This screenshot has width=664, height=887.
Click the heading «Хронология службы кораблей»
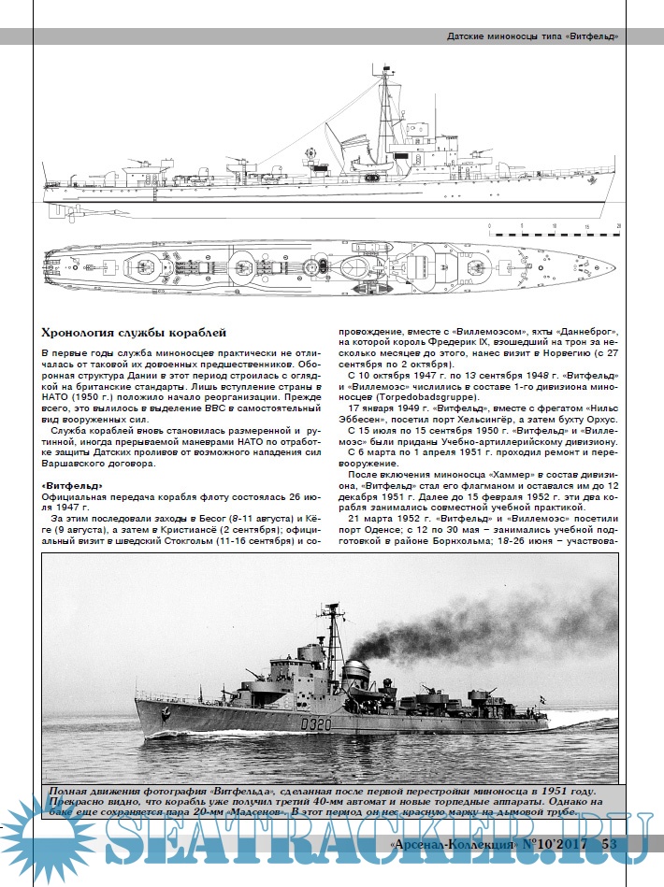(134, 334)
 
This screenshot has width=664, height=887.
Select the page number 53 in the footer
(609, 845)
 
